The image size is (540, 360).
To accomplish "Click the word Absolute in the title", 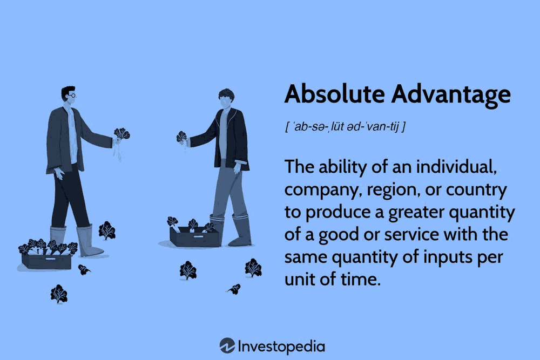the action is pyautogui.click(x=334, y=93).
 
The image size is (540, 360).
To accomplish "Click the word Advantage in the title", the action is pyautogui.click(x=451, y=96).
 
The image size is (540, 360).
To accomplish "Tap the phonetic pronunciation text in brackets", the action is pyautogui.click(x=346, y=126).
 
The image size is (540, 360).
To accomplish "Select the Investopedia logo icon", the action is pyautogui.click(x=227, y=346).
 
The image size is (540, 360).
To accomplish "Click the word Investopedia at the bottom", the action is pyautogui.click(x=281, y=347).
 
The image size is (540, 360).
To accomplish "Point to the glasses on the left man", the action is pyautogui.click(x=72, y=95).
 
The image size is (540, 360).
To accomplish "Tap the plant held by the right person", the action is pyautogui.click(x=181, y=137).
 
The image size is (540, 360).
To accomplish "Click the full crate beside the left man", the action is pyautogui.click(x=47, y=254).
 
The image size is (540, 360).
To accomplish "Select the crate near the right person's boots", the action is pyautogui.click(x=194, y=234).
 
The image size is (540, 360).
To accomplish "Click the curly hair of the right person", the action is pyautogui.click(x=227, y=94).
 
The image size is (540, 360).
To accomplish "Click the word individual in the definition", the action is pyautogui.click(x=456, y=167).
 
